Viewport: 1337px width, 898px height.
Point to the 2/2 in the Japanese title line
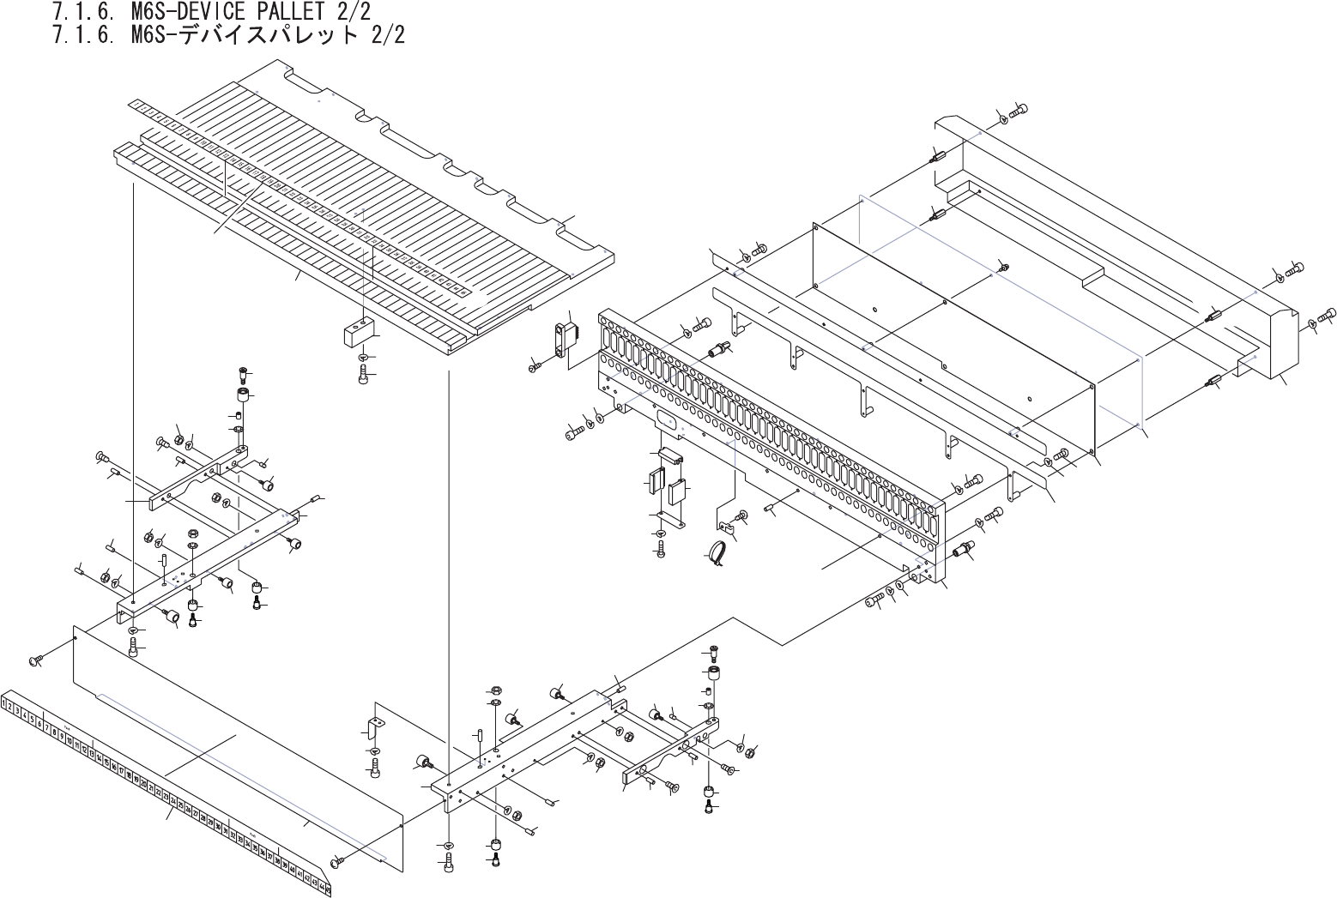(387, 35)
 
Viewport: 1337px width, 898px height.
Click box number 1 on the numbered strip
(7, 703)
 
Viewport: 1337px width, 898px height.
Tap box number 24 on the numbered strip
(174, 801)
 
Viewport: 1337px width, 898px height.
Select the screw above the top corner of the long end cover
(1018, 110)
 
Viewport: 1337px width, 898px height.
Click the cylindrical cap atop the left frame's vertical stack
(244, 396)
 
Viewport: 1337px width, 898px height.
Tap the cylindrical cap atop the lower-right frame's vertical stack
(712, 672)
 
